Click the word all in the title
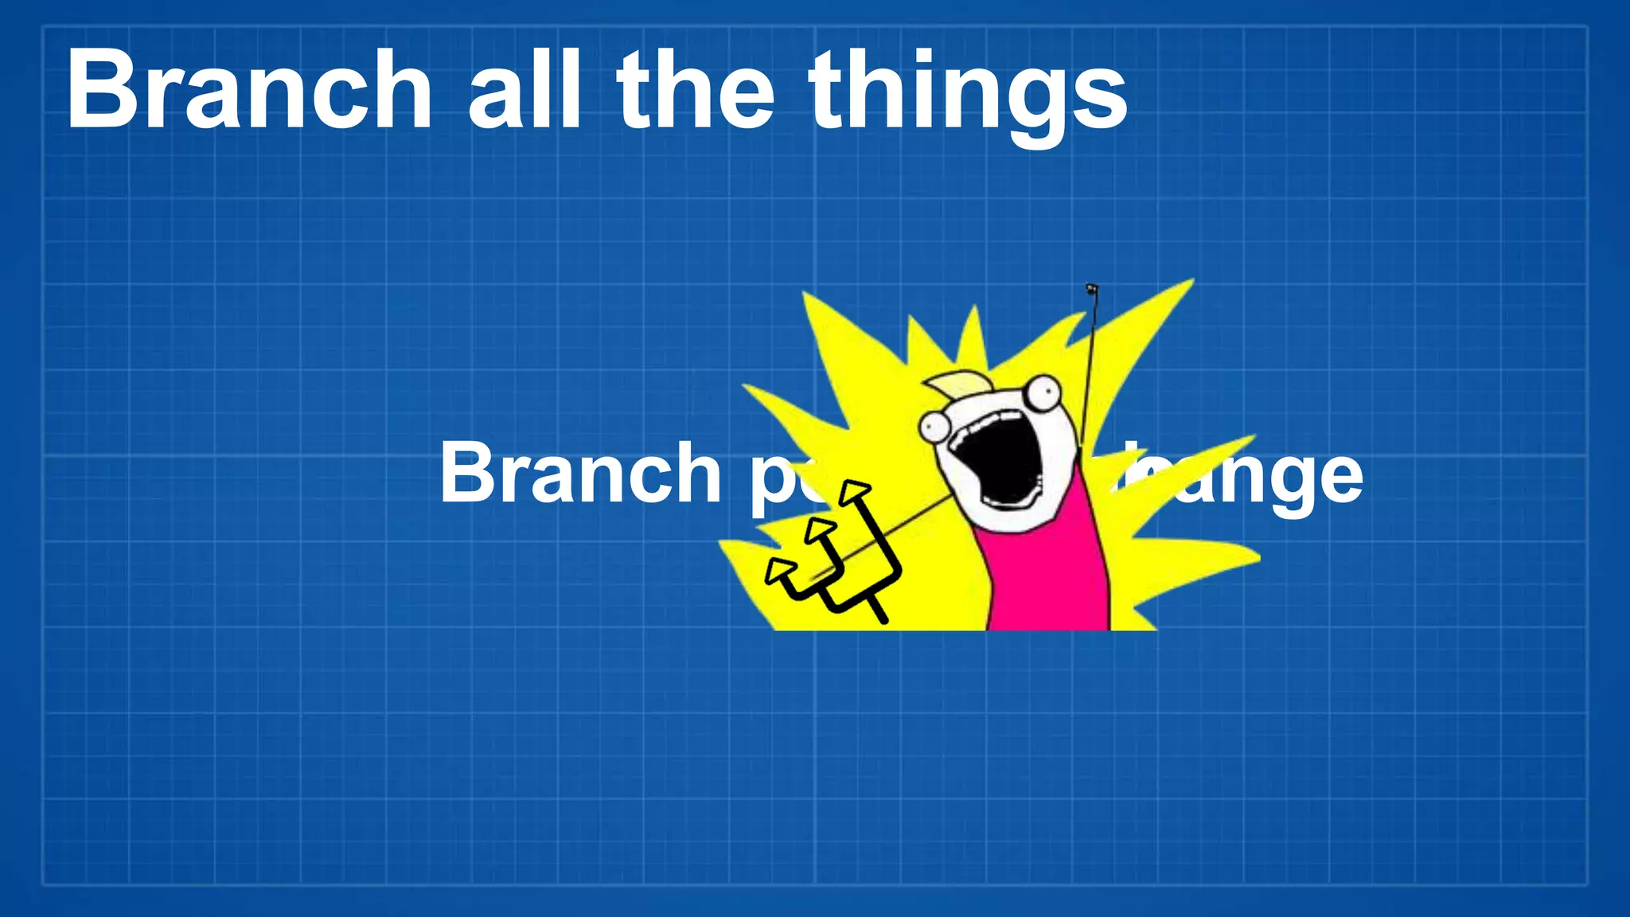pyautogui.click(x=524, y=89)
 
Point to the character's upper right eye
pyautogui.click(x=1042, y=392)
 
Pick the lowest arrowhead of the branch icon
pyautogui.click(x=780, y=569)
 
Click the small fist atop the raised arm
pyautogui.click(x=1092, y=288)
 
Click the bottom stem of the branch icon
pyautogui.click(x=876, y=609)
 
